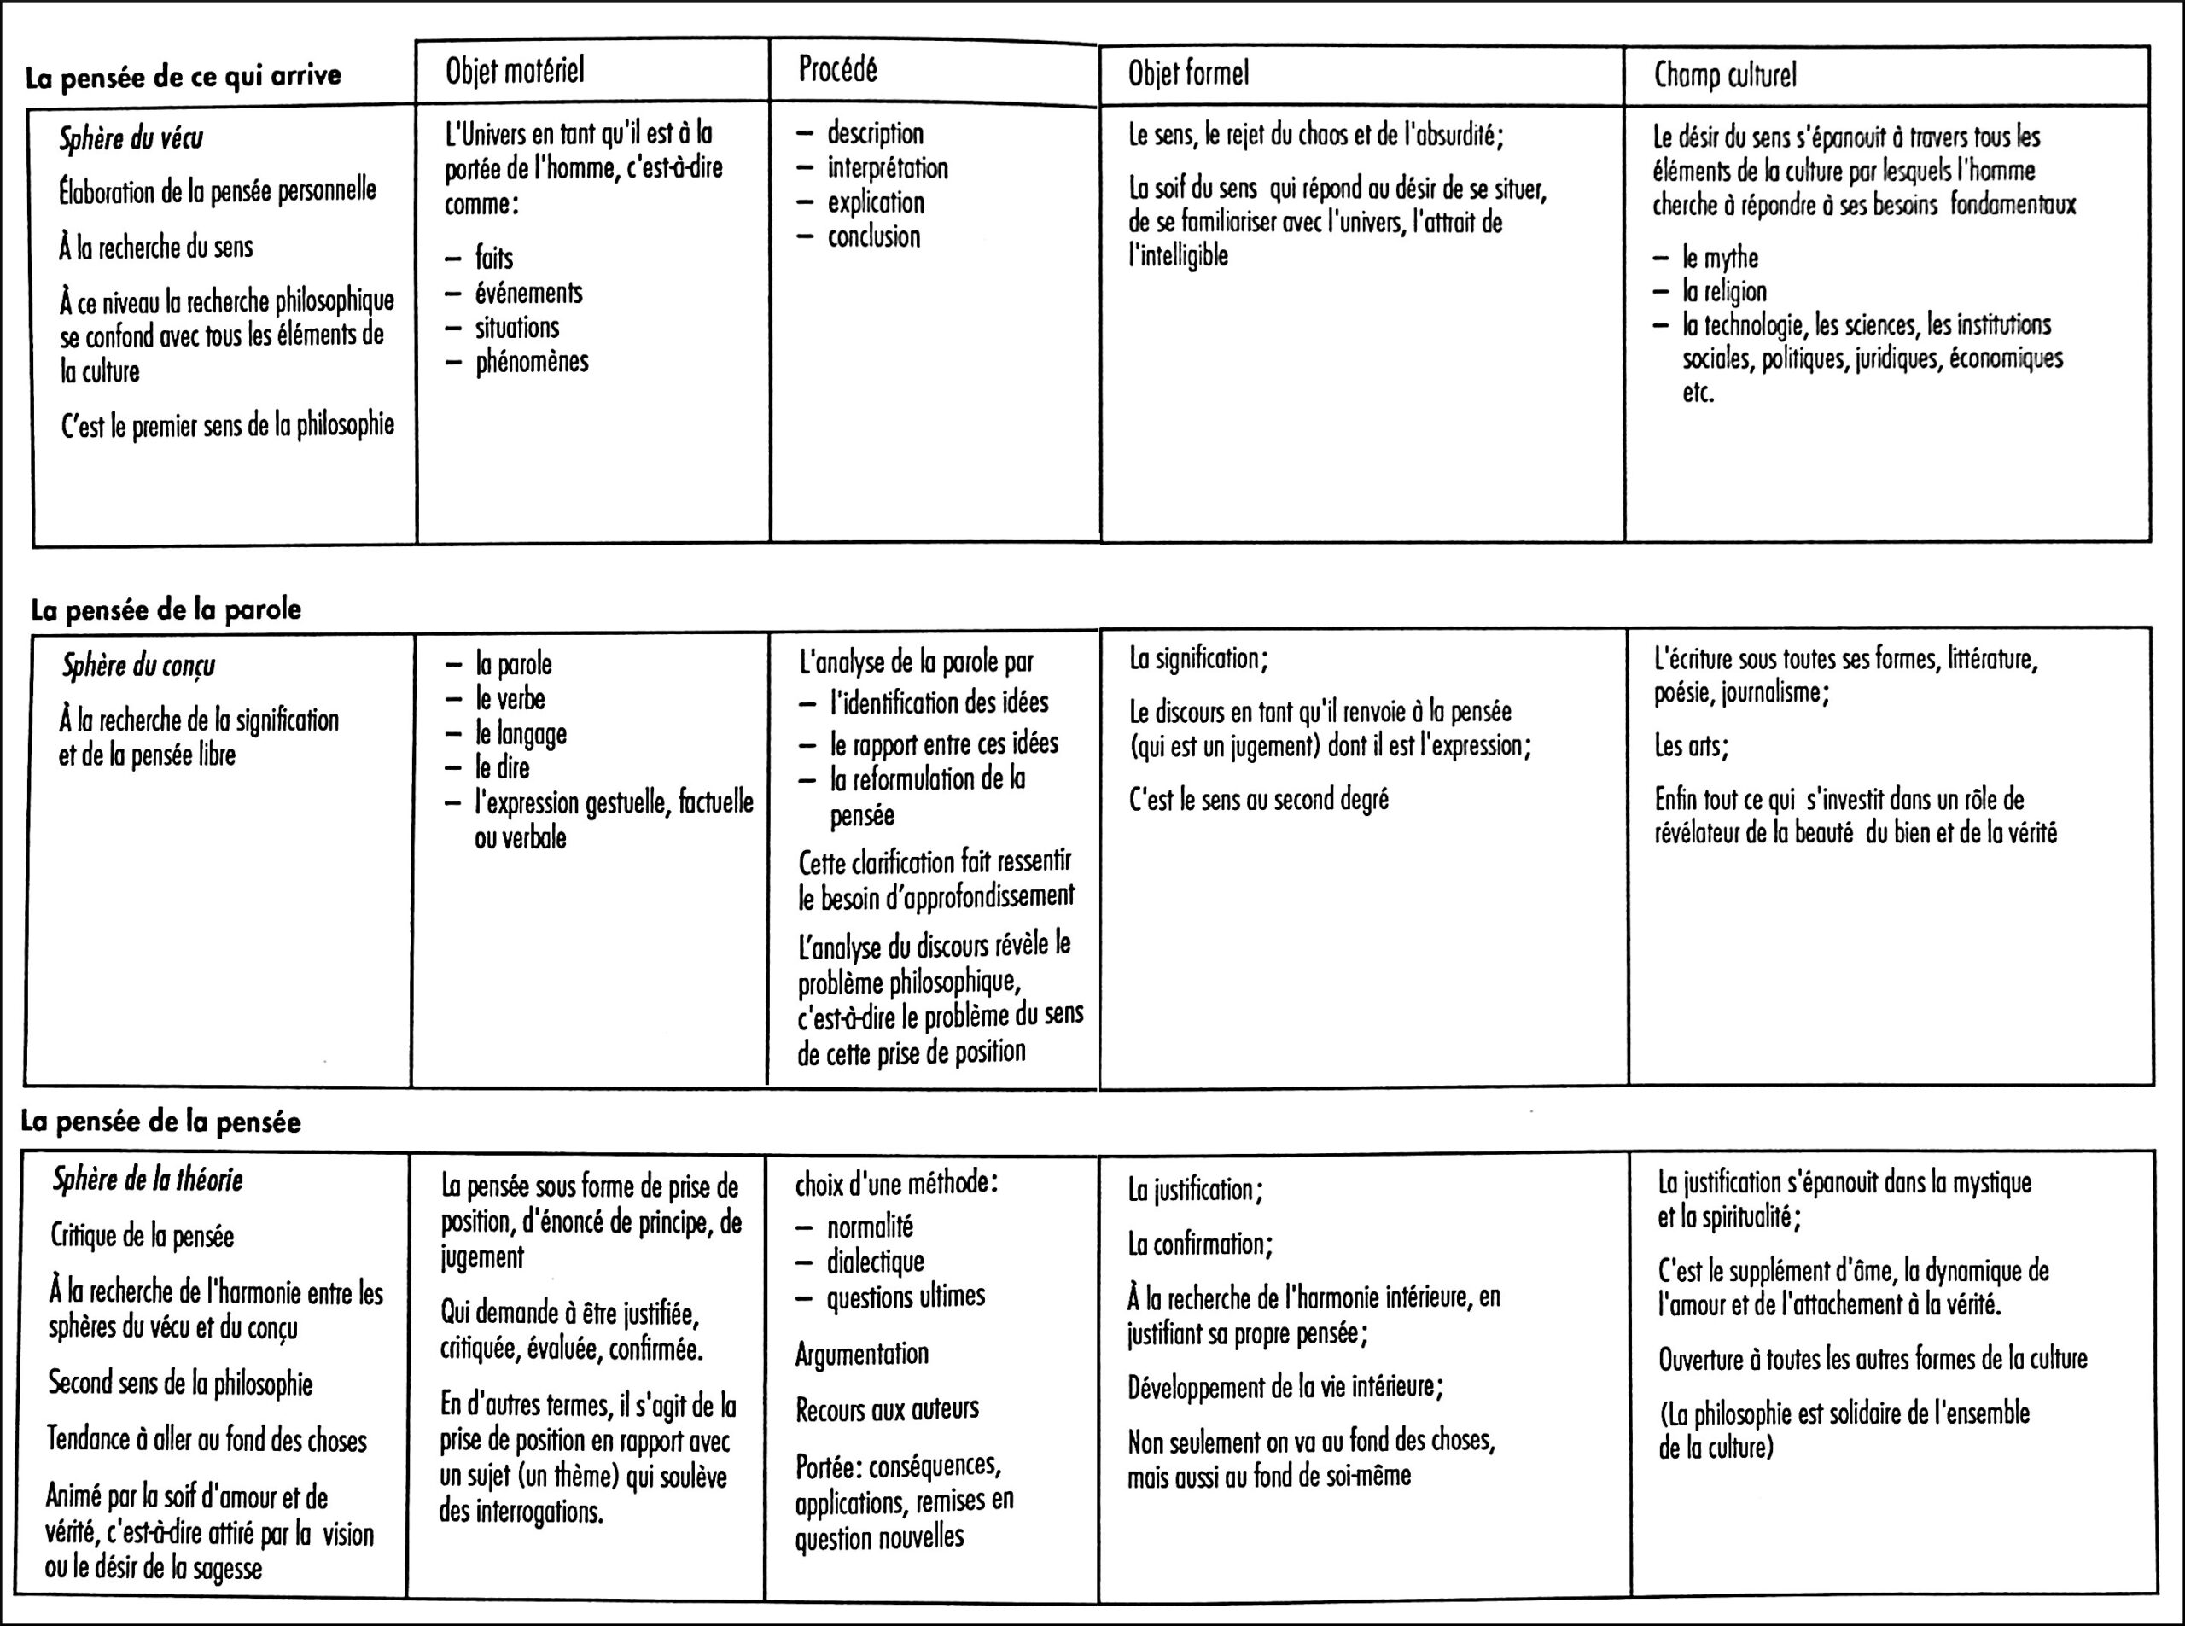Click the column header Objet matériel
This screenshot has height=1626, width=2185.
515,71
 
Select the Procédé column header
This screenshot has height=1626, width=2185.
837,70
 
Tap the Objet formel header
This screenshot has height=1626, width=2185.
1188,73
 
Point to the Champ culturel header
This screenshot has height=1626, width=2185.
1724,75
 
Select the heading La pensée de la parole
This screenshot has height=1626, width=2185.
166,609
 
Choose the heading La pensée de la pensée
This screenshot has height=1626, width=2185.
160,1122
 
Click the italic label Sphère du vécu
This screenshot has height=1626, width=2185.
131,139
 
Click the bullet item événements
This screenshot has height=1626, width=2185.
528,294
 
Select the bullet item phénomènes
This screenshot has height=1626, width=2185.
532,362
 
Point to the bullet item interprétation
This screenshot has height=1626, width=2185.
887,168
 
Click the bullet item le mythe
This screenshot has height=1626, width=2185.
1720,258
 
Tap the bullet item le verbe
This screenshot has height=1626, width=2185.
510,699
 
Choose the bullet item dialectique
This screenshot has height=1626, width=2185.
875,1261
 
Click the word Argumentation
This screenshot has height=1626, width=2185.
861,1354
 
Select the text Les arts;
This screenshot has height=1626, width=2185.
1691,746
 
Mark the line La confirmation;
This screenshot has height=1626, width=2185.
1200,1244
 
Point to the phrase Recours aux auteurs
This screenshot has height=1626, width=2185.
887,1408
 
